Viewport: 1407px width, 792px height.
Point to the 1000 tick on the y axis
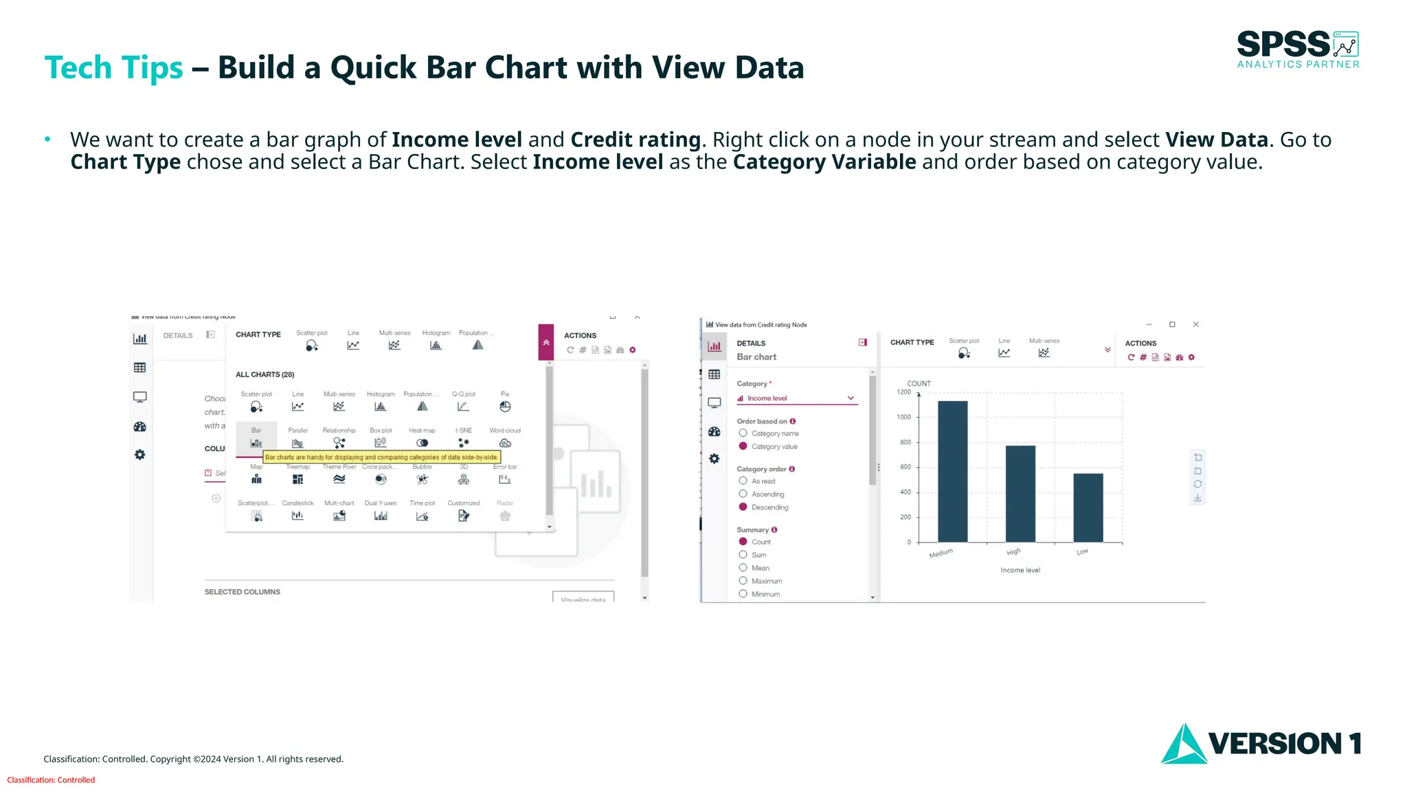[903, 417]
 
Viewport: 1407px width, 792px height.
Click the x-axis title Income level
[1020, 570]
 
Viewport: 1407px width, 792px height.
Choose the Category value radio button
[743, 446]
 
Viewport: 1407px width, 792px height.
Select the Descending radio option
[743, 507]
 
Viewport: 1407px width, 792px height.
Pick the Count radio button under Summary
[743, 542]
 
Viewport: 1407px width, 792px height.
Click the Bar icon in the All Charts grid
[256, 443]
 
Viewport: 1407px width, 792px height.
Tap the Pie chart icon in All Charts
[505, 406]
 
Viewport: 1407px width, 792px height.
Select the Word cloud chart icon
[505, 443]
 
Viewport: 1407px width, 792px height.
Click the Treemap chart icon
[297, 479]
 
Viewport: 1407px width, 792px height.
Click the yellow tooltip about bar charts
[381, 457]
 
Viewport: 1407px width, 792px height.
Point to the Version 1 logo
[1261, 743]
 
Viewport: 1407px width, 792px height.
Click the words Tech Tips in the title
[113, 67]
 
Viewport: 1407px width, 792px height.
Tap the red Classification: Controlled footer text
[51, 780]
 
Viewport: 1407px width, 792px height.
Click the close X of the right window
[1196, 324]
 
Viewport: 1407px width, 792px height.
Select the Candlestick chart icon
[297, 516]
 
